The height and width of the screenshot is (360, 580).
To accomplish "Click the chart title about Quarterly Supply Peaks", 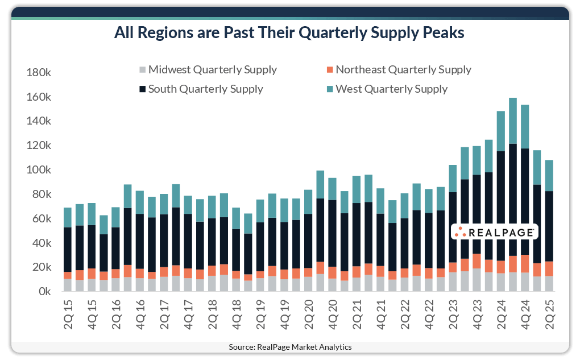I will [289, 34].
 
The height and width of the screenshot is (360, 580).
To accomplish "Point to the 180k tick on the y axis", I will [39, 73].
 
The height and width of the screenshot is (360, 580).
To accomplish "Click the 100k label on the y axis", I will [39, 171].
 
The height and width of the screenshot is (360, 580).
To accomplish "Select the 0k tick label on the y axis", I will [44, 292].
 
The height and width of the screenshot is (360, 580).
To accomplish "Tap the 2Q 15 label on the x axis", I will [68, 313].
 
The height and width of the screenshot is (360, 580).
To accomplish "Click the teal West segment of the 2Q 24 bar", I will [501, 131].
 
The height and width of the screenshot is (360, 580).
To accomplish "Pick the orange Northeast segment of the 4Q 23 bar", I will [477, 260].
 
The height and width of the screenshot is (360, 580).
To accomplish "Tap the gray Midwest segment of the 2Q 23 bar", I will [453, 282].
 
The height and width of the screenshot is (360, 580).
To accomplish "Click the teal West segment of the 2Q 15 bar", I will [68, 217].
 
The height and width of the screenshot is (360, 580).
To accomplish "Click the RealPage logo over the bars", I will [494, 232].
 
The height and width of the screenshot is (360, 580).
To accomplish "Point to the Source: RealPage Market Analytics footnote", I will [290, 347].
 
